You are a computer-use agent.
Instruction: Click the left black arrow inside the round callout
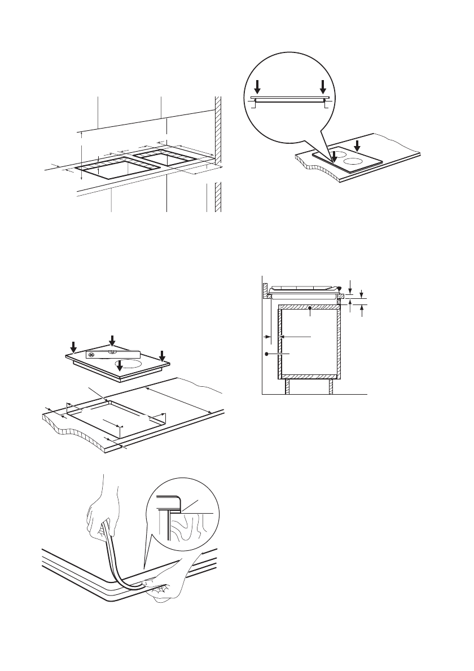point(257,87)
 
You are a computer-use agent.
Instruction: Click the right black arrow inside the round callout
point(323,87)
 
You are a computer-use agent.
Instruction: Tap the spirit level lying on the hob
point(112,355)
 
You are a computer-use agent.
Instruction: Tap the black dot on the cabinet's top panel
point(311,307)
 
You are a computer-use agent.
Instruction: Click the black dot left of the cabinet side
point(266,353)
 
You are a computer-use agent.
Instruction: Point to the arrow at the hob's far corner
point(112,341)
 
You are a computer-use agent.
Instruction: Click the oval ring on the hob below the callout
point(352,161)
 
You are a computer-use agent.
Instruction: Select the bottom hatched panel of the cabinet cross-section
point(309,376)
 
